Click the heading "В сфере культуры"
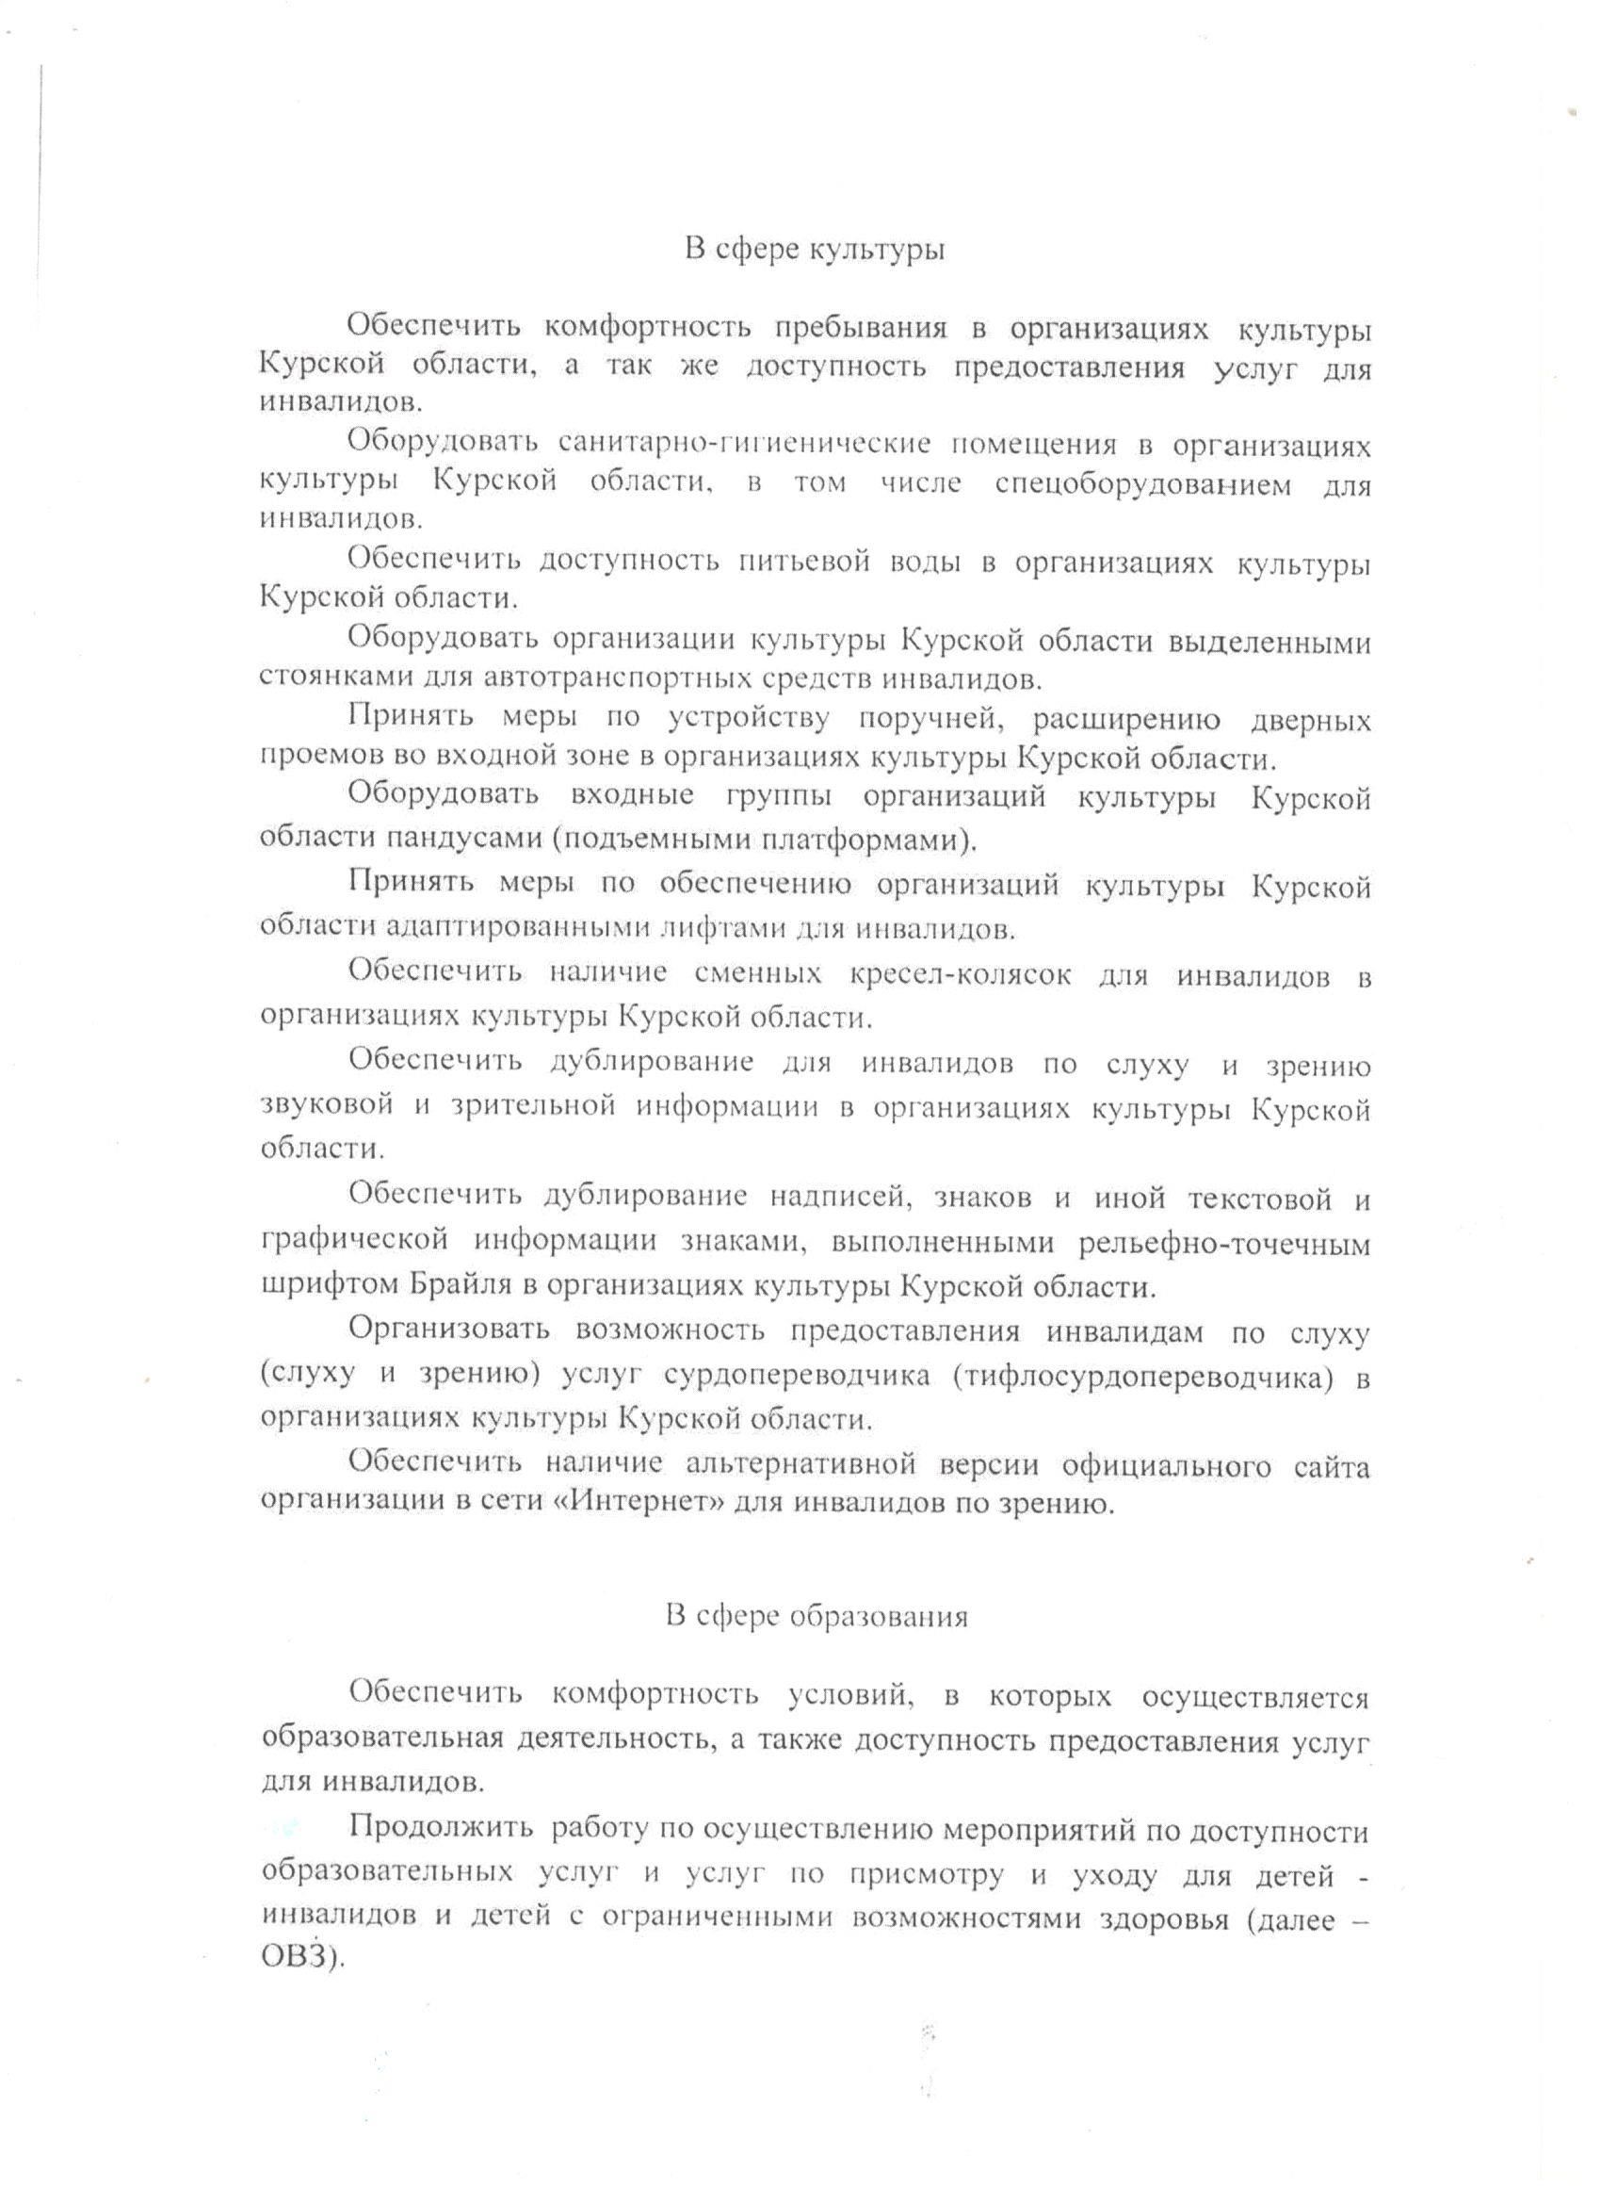tap(815, 251)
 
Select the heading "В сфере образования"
tap(817, 1616)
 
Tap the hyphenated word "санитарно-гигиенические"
tap(745, 445)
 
